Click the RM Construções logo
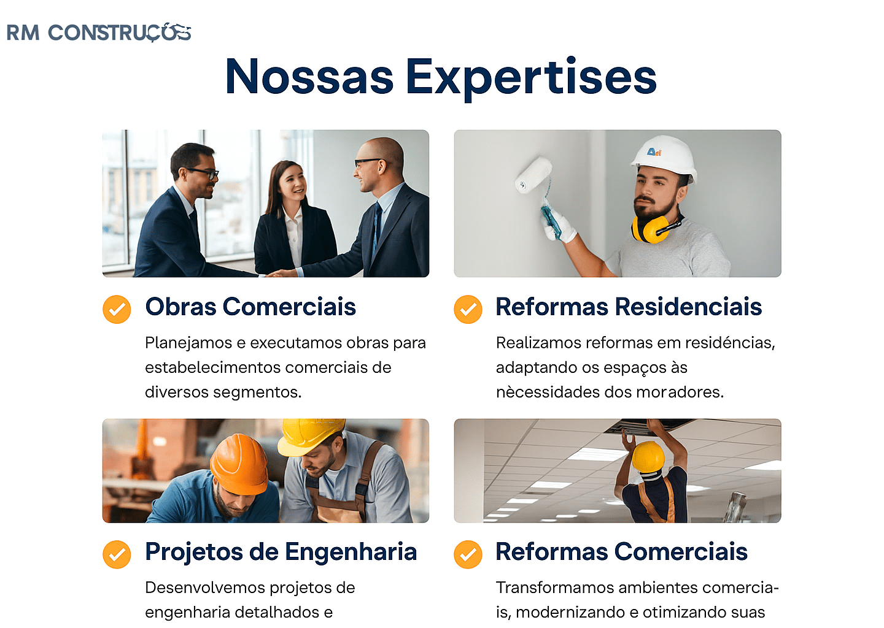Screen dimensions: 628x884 (x=98, y=33)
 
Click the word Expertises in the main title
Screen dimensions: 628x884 (x=531, y=77)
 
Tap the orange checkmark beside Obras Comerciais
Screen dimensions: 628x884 (x=117, y=309)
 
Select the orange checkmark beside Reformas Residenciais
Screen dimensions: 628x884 (x=468, y=309)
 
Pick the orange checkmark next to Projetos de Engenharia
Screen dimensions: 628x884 (x=117, y=554)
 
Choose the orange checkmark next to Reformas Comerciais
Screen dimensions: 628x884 (x=468, y=554)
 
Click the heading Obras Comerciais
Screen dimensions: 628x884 (x=250, y=307)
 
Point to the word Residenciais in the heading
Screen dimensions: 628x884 (x=688, y=307)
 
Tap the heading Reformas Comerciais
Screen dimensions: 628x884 (x=621, y=552)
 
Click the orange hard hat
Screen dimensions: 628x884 (x=239, y=463)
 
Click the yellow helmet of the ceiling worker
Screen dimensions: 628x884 (x=648, y=456)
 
